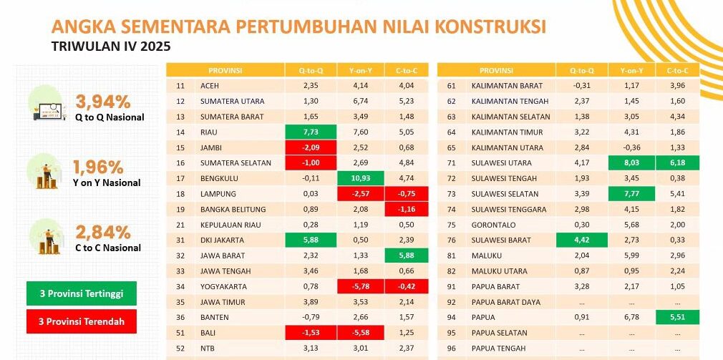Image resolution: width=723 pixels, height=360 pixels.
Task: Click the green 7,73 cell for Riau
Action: tap(311, 132)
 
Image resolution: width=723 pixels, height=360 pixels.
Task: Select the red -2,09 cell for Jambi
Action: tap(311, 147)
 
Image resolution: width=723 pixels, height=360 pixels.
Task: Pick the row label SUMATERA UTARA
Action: tap(233, 101)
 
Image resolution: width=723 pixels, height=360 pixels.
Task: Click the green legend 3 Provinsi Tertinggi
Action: tap(81, 294)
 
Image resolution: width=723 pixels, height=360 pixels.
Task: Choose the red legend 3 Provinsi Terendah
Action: tap(81, 321)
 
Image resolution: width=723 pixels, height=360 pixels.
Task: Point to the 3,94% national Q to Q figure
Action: tap(103, 100)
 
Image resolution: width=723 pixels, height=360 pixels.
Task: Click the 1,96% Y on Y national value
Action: tap(99, 167)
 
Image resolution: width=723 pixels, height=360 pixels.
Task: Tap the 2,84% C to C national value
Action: tap(103, 232)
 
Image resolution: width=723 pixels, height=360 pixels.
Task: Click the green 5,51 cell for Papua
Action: tap(677, 317)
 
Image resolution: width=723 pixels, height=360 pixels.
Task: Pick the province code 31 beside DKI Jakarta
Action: tap(180, 240)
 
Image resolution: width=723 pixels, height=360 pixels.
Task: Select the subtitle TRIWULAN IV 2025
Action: tap(111, 47)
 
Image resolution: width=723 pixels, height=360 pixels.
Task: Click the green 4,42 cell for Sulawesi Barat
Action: tap(582, 240)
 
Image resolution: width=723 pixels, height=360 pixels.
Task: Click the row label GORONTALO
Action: tap(495, 225)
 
